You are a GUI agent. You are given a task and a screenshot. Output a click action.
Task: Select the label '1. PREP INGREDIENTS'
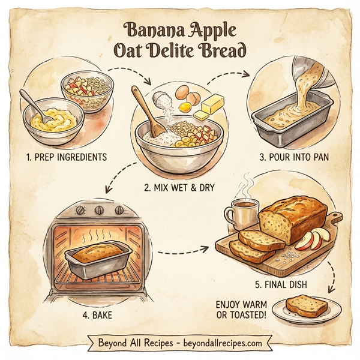(66, 157)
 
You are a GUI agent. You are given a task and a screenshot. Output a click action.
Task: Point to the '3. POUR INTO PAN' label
(294, 157)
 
